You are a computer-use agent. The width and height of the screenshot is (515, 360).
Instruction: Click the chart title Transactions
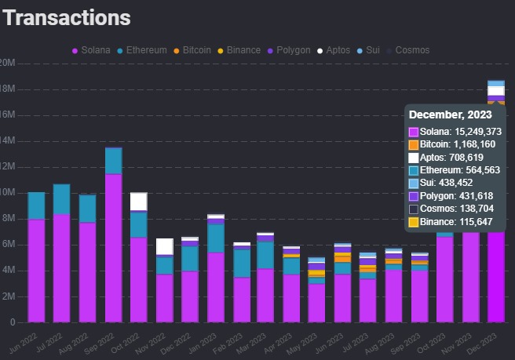67,17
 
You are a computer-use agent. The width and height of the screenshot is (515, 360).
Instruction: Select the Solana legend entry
91,50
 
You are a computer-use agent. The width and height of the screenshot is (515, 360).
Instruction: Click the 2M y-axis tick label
8,296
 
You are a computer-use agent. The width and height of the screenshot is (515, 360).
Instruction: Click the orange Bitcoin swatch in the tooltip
414,144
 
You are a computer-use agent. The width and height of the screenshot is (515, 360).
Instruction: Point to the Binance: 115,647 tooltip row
455,222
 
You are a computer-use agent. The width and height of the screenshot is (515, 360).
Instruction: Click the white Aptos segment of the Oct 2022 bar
139,202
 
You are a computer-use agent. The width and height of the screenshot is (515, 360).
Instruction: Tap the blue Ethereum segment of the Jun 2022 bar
37,205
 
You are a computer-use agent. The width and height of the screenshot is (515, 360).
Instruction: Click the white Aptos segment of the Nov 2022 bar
165,246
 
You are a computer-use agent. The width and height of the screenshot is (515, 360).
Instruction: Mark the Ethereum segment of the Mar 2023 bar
265,255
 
